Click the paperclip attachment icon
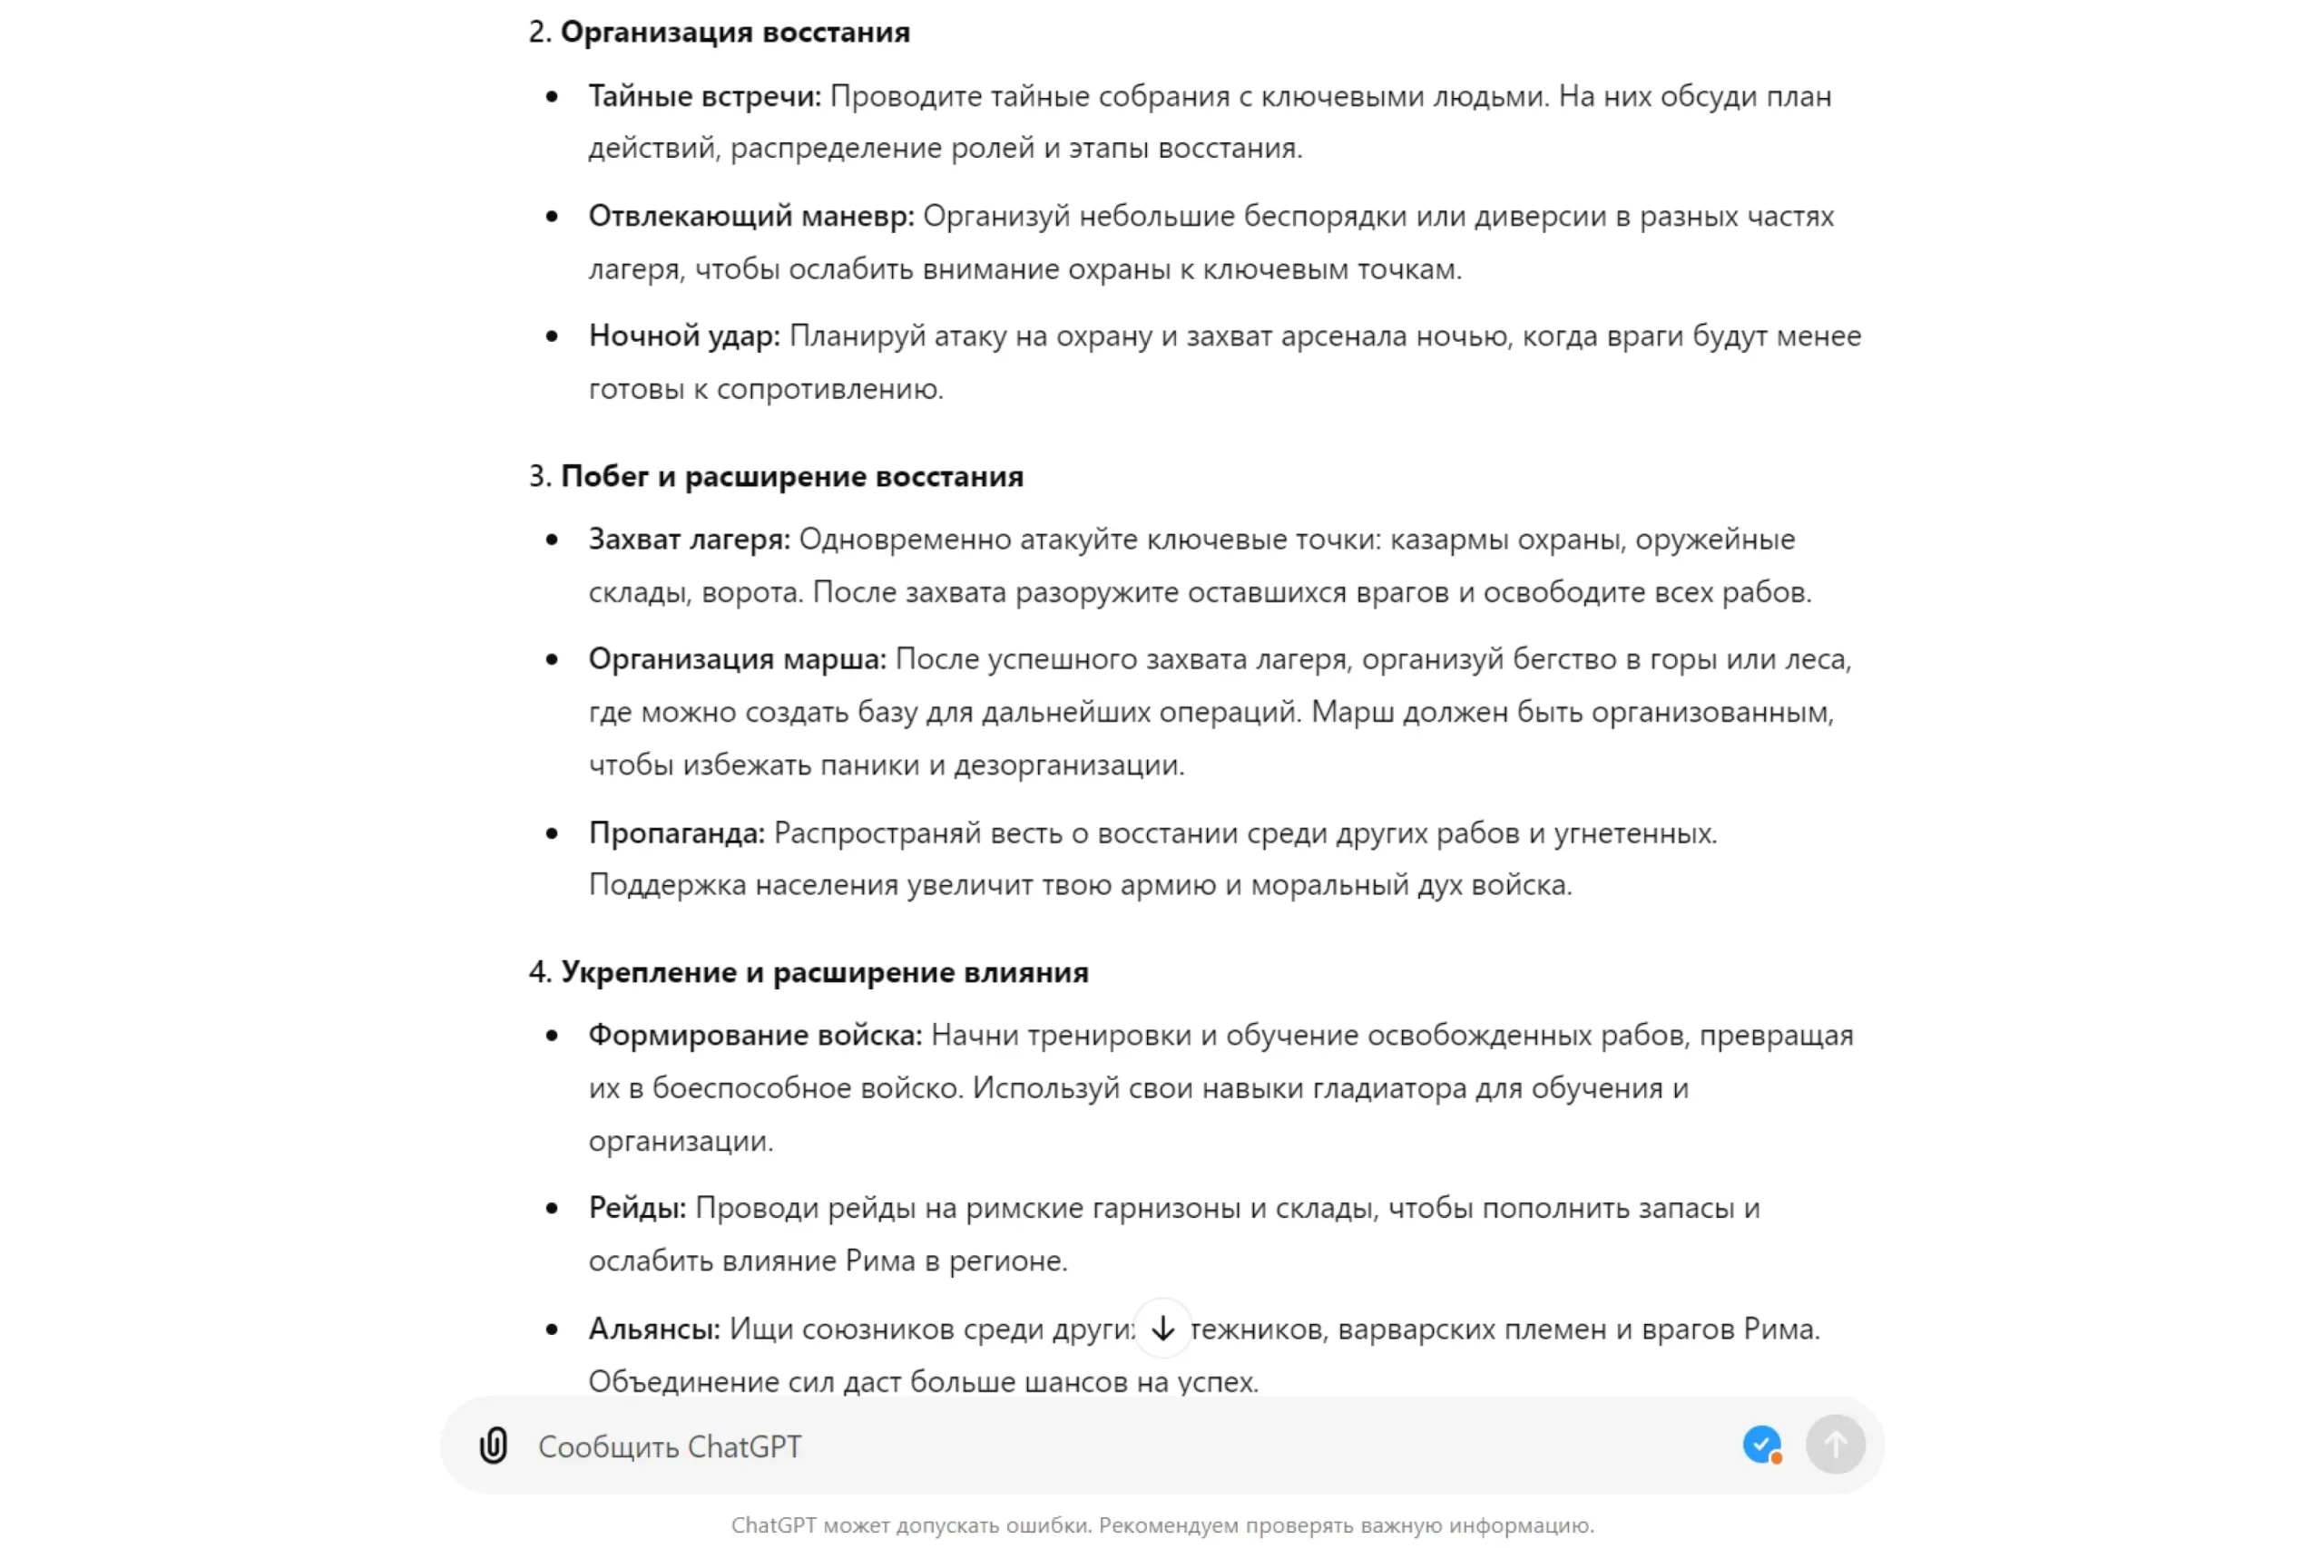click(493, 1446)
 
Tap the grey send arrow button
click(1834, 1446)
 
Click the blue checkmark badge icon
click(1761, 1445)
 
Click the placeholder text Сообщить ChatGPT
click(670, 1446)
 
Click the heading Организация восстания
click(735, 33)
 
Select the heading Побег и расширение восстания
click(791, 476)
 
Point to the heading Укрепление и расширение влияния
click(824, 972)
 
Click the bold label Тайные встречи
click(703, 97)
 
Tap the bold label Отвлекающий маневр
click(750, 216)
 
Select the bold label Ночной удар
click(683, 336)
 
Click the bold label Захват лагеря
click(689, 539)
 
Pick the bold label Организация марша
click(737, 658)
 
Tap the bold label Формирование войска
click(755, 1035)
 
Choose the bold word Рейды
click(636, 1207)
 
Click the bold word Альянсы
click(654, 1329)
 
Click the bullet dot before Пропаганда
click(552, 834)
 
